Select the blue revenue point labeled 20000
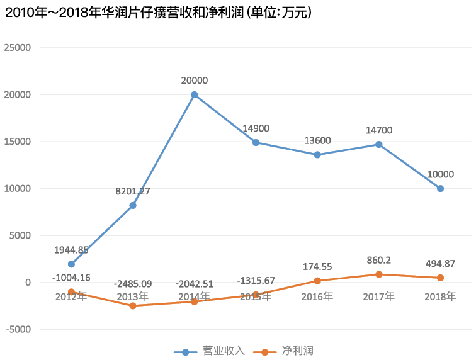[x=195, y=94]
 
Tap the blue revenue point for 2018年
[x=441, y=188]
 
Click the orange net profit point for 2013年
[x=133, y=306]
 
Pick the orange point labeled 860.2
[x=379, y=274]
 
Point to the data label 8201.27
[x=133, y=191]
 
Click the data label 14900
[x=256, y=128]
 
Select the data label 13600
[x=318, y=140]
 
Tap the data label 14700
[x=379, y=130]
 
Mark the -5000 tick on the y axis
[x=18, y=329]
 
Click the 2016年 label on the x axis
[x=318, y=296]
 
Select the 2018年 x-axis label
[x=441, y=296]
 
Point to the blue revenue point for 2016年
[x=318, y=155]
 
